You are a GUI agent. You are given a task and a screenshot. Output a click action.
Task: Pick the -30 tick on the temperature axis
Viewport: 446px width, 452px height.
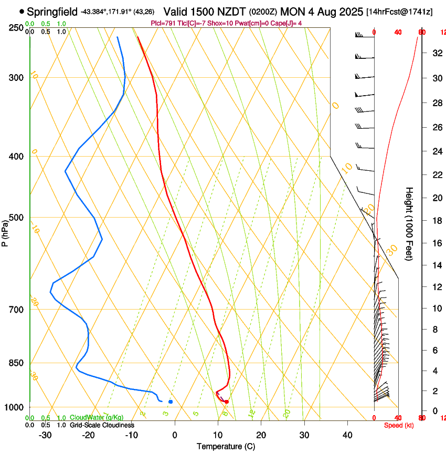point(45,435)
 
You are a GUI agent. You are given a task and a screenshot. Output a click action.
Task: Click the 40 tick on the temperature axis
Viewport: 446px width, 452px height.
point(347,435)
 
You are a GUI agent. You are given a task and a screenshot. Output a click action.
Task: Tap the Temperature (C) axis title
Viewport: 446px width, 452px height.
point(226,446)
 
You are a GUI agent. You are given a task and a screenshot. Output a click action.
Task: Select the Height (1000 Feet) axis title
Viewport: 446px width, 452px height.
point(409,223)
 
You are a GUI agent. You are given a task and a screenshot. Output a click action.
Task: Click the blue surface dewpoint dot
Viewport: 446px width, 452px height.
point(171,402)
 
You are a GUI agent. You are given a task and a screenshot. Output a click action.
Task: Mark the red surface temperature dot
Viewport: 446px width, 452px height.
point(227,402)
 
